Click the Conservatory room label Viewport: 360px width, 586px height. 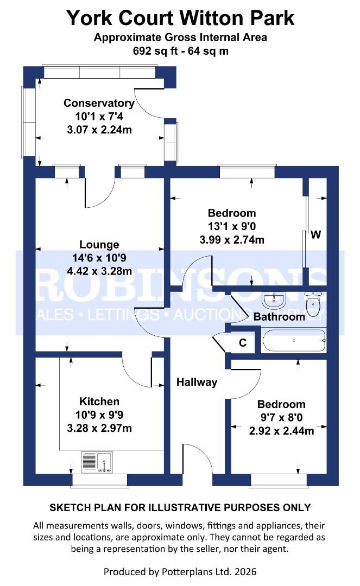tap(99, 103)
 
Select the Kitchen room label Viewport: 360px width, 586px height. tap(99, 402)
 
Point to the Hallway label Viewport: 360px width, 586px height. tap(197, 382)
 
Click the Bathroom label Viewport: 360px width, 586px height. tap(279, 316)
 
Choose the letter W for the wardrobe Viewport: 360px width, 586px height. tap(315, 235)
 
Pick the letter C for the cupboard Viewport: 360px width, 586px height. tap(243, 343)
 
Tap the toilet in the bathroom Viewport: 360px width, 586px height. tap(314, 304)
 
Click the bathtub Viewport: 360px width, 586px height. tap(294, 341)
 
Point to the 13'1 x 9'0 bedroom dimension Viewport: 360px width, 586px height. tap(232, 226)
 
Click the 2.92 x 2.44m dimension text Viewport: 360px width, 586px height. tap(281, 431)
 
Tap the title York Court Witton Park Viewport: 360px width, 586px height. tap(180, 18)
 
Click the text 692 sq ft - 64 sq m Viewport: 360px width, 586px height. tap(180, 52)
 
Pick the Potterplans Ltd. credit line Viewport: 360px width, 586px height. tap(180, 571)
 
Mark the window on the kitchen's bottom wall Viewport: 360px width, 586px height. tap(99, 480)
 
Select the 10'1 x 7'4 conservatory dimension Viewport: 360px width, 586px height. tap(99, 117)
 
